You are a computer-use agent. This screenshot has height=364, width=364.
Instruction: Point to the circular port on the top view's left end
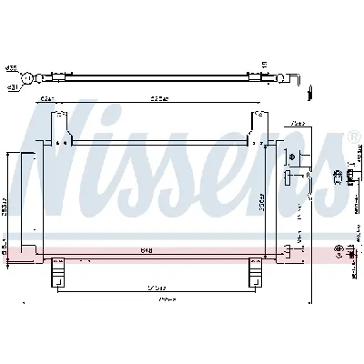point(33,78)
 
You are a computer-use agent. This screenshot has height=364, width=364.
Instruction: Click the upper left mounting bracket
point(62,123)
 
